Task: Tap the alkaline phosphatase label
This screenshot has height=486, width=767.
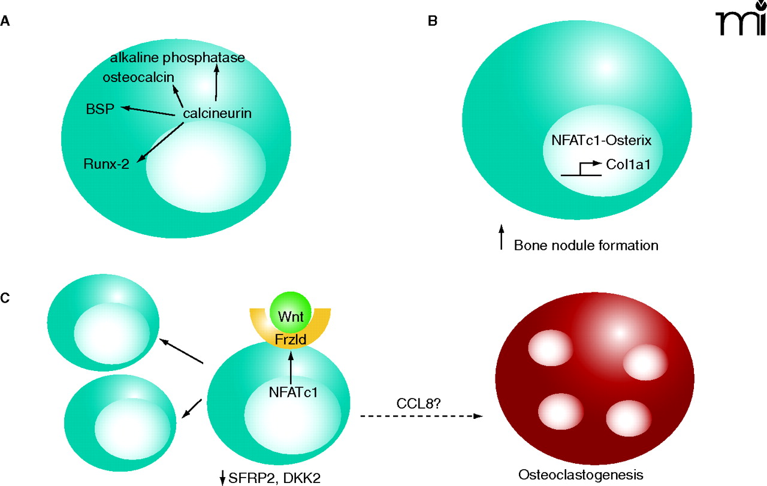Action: pos(178,58)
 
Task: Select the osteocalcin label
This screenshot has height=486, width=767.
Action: pos(138,78)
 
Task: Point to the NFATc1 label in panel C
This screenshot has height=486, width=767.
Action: pos(293,393)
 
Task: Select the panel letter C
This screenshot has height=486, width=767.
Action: pos(5,298)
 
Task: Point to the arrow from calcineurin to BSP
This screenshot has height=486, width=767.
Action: pos(150,110)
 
